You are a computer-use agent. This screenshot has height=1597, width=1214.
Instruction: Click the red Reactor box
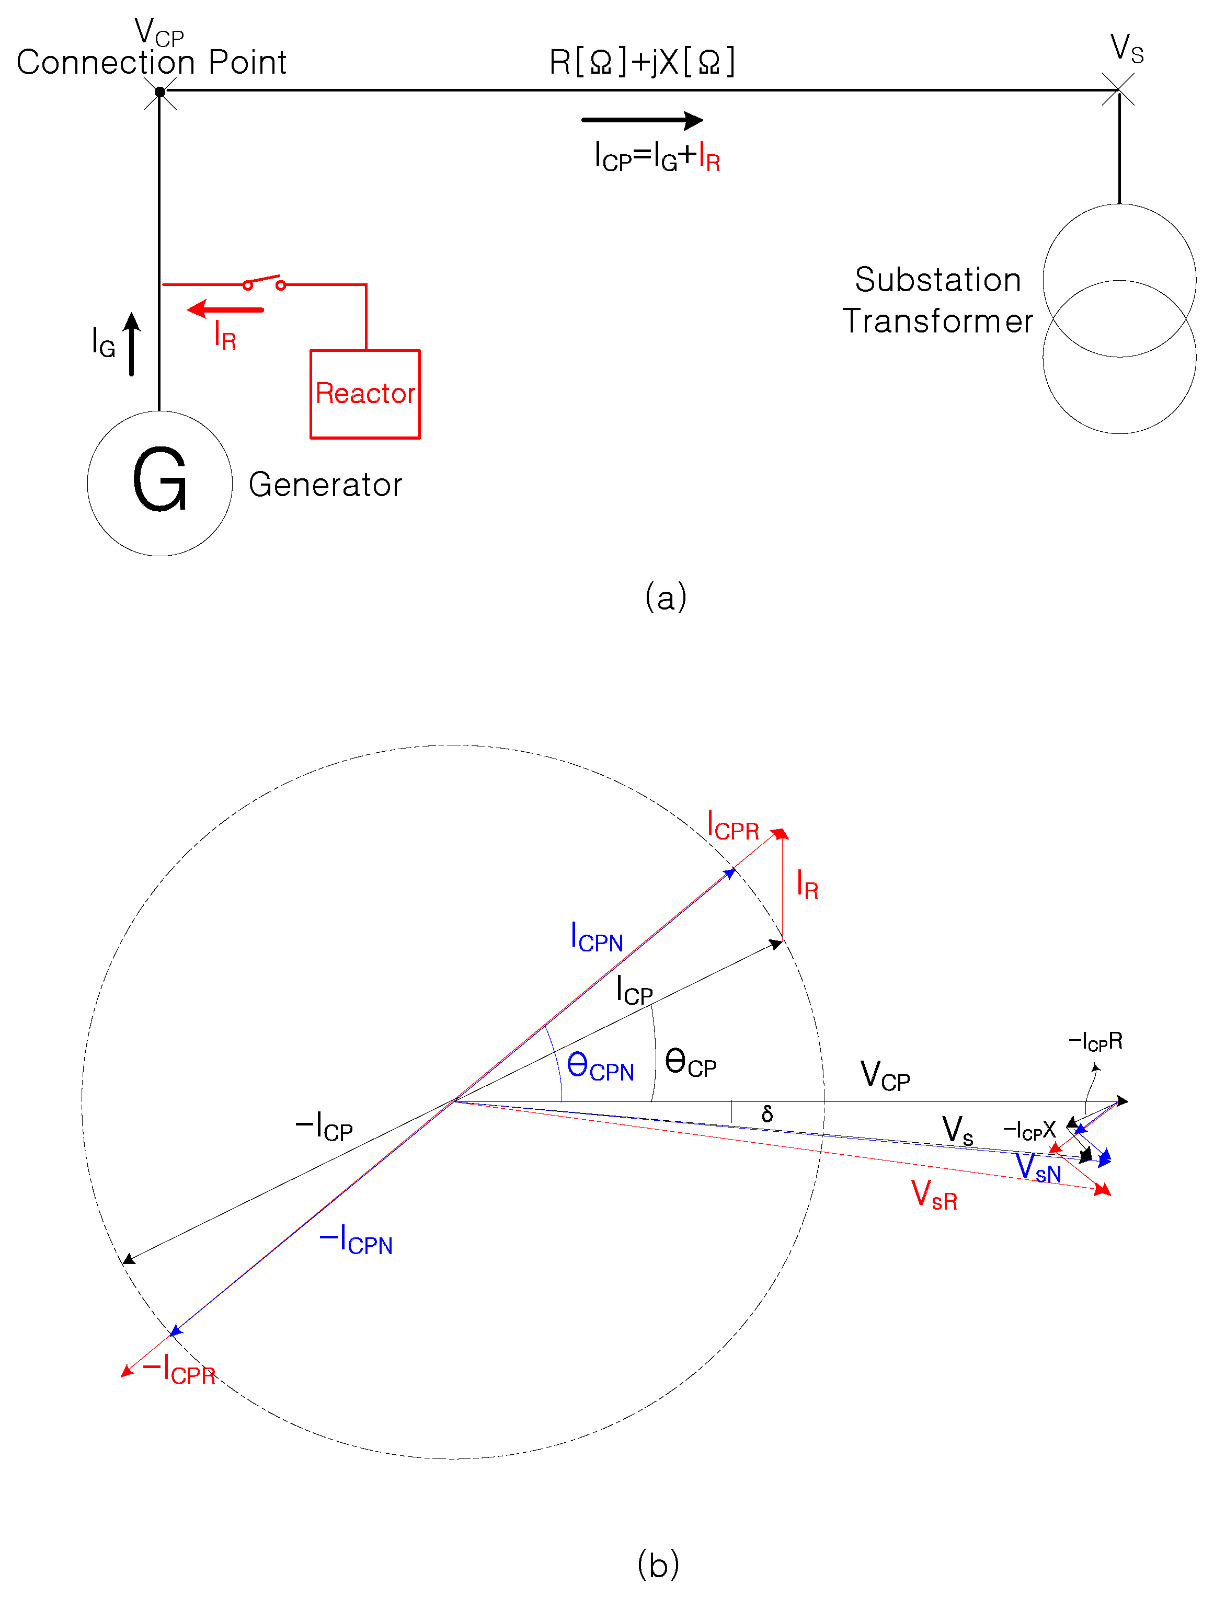[365, 394]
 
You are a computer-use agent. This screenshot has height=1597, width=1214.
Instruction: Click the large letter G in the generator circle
[159, 479]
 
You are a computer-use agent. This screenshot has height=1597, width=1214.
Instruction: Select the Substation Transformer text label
[937, 300]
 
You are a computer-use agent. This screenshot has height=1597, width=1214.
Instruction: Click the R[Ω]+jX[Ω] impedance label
[642, 62]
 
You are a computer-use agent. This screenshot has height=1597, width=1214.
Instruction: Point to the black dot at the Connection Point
[159, 92]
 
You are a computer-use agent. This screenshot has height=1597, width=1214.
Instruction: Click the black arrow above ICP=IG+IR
[642, 120]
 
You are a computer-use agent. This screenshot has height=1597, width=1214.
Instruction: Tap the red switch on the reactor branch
[264, 282]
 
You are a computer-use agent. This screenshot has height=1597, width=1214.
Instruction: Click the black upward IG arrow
[132, 344]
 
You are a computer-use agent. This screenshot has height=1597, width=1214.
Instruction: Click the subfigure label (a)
[666, 598]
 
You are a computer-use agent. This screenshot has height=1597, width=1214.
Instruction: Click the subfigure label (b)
[658, 1565]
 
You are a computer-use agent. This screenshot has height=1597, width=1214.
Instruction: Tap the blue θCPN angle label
[600, 1066]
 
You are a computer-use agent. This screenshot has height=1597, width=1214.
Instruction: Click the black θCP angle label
[690, 1062]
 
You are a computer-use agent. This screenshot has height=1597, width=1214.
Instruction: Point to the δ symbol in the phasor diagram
[768, 1113]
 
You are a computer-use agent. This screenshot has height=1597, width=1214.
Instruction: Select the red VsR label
[934, 1195]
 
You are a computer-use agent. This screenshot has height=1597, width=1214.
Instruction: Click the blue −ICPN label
[356, 1239]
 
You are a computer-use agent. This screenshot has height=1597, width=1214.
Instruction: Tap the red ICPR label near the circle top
[732, 826]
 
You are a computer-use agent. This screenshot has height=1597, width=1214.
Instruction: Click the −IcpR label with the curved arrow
[1095, 1042]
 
